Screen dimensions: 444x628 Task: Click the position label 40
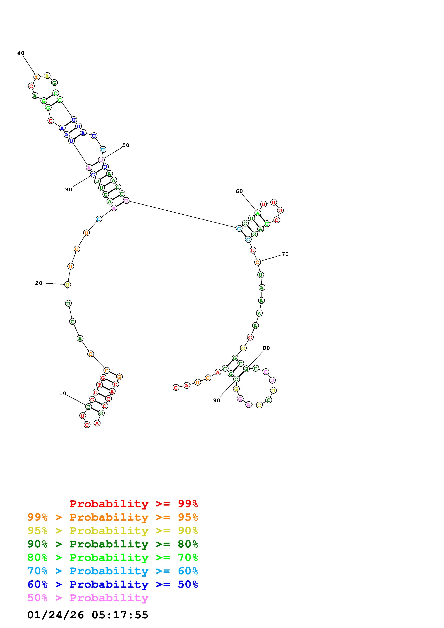pos(21,53)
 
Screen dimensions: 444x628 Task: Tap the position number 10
pos(63,394)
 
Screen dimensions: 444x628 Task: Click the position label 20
pos(39,283)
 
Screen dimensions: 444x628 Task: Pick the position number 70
pos(285,254)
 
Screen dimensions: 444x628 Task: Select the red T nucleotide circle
pos(99,385)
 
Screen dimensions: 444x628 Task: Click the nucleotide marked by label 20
pos(68,285)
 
